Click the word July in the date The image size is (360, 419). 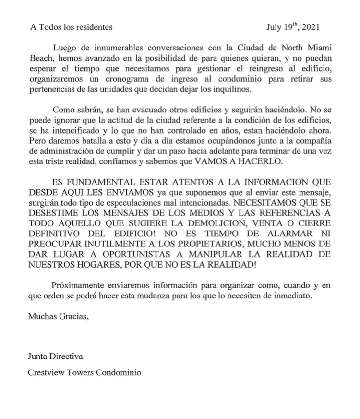(276, 27)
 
